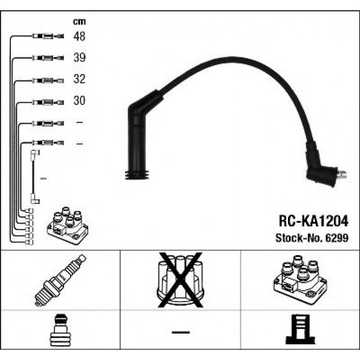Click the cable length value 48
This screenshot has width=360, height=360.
[x=79, y=36]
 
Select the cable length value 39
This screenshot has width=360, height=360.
[x=79, y=58]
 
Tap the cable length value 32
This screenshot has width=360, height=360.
[x=79, y=80]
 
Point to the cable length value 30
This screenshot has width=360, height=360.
[x=79, y=101]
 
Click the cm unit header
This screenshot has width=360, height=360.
[x=79, y=21]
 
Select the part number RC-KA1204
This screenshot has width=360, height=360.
[x=313, y=220]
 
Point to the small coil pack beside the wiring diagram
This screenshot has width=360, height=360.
[x=68, y=225]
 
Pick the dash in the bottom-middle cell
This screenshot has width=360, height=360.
[x=180, y=332]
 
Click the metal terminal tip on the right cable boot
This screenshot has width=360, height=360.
[x=343, y=175]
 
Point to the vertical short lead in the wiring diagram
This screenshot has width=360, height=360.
[x=34, y=177]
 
